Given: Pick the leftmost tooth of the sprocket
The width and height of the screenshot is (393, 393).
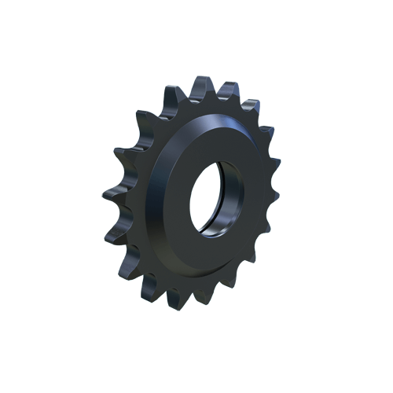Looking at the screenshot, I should coord(108,193).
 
